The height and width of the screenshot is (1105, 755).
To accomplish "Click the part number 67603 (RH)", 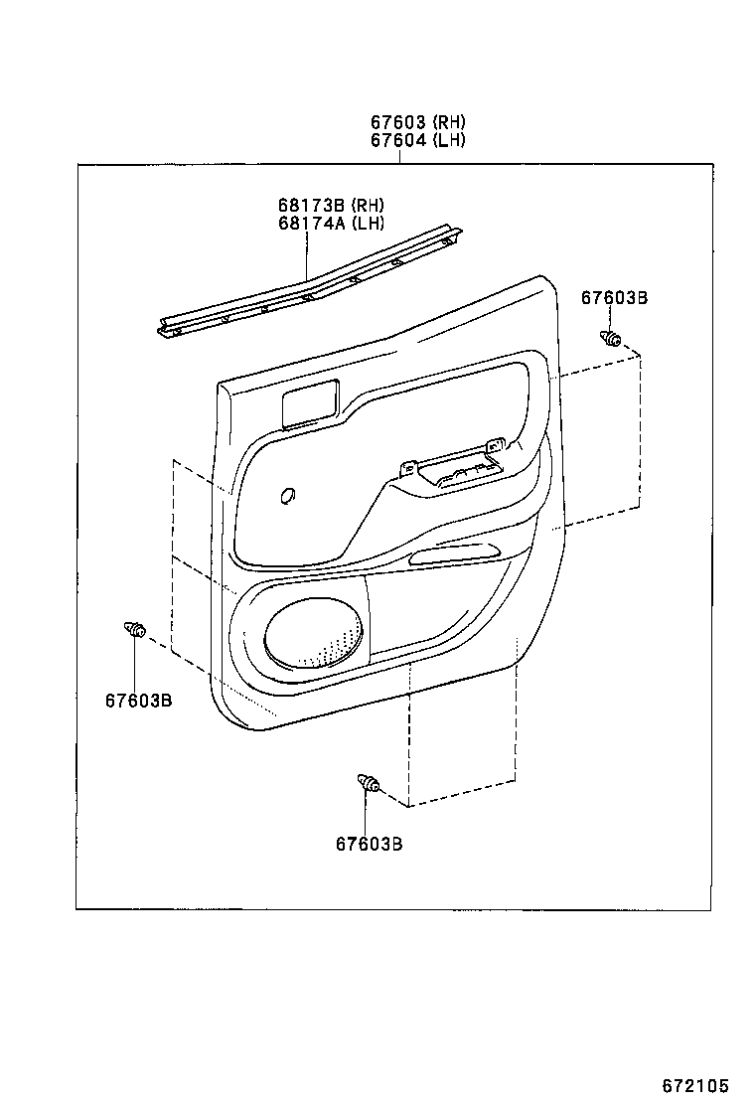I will coord(418,122).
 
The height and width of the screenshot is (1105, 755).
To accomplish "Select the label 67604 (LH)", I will coord(418,140).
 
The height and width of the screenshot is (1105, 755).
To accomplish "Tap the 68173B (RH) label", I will coord(331,205).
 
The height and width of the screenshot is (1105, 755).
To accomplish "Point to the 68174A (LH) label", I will coord(331,223).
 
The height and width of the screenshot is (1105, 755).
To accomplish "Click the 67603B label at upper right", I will coord(614,297).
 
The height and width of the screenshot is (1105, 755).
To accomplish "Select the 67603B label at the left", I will coord(138,700).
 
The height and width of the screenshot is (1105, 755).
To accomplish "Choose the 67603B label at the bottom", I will coord(369,844).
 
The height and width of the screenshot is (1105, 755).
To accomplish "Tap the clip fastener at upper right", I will coord(610,340).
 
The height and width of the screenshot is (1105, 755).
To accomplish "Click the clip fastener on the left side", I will coord(135,628).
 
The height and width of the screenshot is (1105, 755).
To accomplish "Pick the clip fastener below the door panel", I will coord(370,785).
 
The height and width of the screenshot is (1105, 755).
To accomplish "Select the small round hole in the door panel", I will coord(288,495).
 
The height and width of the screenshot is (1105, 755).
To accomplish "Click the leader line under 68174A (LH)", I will coord(308,258).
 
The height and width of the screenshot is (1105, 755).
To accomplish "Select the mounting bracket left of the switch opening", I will coord(407,468).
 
